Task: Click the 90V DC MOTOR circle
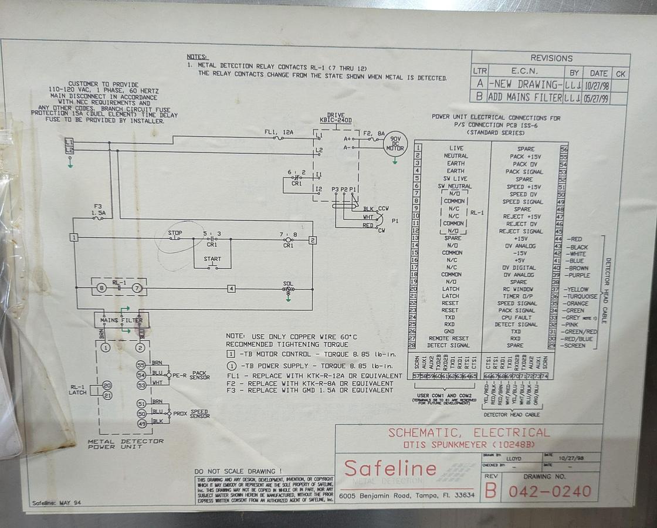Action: [x=395, y=144]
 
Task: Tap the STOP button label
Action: [x=175, y=233]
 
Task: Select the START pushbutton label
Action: [x=212, y=259]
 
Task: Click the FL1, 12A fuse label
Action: [x=279, y=133]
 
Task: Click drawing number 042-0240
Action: [x=549, y=491]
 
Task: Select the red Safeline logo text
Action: [x=390, y=468]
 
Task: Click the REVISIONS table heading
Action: [x=551, y=58]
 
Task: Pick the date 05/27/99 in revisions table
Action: [x=595, y=98]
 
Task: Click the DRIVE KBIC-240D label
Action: [x=336, y=117]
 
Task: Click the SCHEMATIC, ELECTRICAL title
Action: [x=469, y=433]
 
